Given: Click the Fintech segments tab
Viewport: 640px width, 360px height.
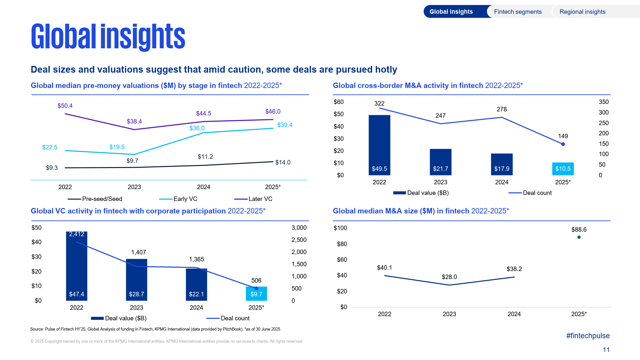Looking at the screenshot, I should point(518,12).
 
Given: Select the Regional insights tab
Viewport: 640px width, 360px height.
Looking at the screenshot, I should point(582,12).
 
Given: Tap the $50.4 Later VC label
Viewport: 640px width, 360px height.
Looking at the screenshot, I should point(65,106).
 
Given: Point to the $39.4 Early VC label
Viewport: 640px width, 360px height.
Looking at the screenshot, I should point(284,125).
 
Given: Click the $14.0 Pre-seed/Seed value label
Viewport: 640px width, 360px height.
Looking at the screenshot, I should point(283,163).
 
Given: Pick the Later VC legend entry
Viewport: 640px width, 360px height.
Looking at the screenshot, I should point(253,199).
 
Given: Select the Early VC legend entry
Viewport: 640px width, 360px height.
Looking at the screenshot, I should point(178,199).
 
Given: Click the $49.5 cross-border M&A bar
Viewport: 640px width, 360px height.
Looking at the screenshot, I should point(379,145).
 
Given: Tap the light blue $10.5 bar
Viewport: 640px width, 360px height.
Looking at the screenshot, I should point(563,169).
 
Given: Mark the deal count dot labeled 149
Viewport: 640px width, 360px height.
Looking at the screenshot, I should point(563,144).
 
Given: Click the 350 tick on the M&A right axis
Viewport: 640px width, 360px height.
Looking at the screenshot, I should point(604,102).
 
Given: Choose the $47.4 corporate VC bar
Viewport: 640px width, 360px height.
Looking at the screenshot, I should point(76,266).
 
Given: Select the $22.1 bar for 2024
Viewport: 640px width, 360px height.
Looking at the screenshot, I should point(196,284).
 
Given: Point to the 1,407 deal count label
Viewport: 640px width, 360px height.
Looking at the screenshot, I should point(139,252).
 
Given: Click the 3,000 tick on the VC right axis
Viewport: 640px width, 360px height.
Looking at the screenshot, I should point(299,228).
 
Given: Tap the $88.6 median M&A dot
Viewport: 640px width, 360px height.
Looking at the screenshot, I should point(579,237).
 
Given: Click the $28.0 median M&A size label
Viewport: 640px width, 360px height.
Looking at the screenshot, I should point(449,277).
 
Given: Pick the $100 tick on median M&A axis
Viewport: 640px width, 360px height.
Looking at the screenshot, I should point(340,228).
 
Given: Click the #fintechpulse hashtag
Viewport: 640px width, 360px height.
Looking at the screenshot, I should point(588,336).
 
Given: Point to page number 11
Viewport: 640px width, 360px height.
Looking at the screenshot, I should point(606,350).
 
